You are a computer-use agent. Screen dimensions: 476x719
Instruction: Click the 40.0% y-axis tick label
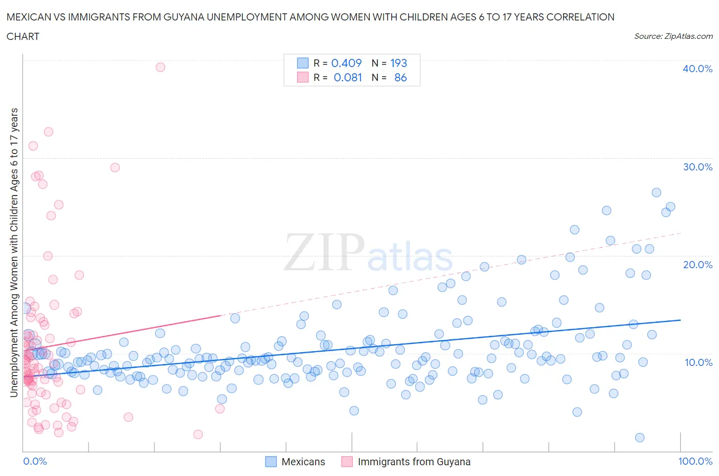point(697,69)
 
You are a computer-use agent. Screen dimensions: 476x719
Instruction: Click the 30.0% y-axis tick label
point(697,167)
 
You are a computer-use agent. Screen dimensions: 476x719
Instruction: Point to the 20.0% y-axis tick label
point(697,265)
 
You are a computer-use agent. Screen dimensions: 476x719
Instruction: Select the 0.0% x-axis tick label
point(35,461)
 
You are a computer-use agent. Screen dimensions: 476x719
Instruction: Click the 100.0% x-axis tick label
point(695,461)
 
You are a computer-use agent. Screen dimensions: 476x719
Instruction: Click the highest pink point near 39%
point(160,67)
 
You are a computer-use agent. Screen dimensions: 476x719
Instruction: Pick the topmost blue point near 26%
point(656,192)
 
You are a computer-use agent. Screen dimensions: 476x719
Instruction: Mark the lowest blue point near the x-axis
point(639,438)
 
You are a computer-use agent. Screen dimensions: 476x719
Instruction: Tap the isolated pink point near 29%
point(115,167)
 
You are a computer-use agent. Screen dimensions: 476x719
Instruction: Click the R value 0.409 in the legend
point(346,63)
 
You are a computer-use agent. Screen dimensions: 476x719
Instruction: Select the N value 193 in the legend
point(398,63)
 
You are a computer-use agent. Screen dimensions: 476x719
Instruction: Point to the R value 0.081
point(348,77)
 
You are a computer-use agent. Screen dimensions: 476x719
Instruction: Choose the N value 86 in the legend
point(400,77)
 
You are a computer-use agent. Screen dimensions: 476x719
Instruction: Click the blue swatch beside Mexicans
point(271,462)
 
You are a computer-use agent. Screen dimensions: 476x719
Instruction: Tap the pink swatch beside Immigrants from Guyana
point(347,462)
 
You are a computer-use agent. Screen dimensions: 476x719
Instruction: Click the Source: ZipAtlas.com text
point(673,36)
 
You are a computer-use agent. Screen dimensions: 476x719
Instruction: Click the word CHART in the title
point(23,36)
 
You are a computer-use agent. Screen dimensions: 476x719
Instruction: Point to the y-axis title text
point(14,252)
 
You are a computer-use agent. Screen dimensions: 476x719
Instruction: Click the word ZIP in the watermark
point(323,252)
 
